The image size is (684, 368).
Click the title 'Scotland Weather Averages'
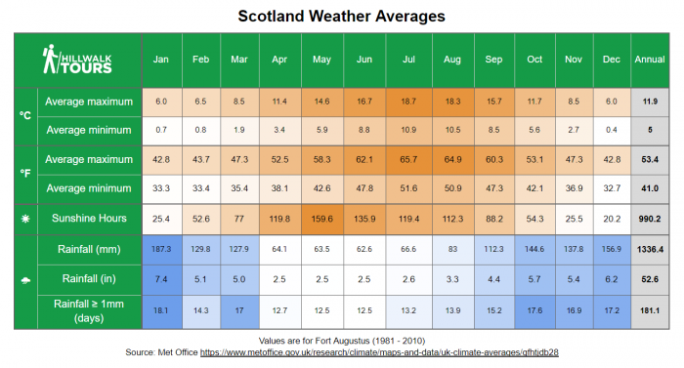coord(341,16)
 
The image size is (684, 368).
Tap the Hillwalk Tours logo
coord(77,60)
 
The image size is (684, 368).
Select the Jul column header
coord(409,60)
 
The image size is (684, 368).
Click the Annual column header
coord(650,60)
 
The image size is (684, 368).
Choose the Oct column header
coord(534,60)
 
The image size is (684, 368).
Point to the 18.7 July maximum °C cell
coord(409,102)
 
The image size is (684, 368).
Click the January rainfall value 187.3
coord(162,250)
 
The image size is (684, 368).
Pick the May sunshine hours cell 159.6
coord(321,219)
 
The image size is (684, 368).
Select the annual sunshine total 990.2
coord(650,219)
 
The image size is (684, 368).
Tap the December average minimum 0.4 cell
coord(611,130)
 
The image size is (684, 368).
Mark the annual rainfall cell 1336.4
coord(650,250)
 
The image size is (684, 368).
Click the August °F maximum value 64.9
coord(452,159)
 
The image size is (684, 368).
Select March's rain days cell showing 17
coord(239,311)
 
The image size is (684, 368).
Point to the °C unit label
coord(25,115)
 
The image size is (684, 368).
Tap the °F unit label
coord(25,173)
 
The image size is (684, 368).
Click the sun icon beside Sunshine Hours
coord(25,219)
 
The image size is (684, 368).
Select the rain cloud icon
coord(25,281)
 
